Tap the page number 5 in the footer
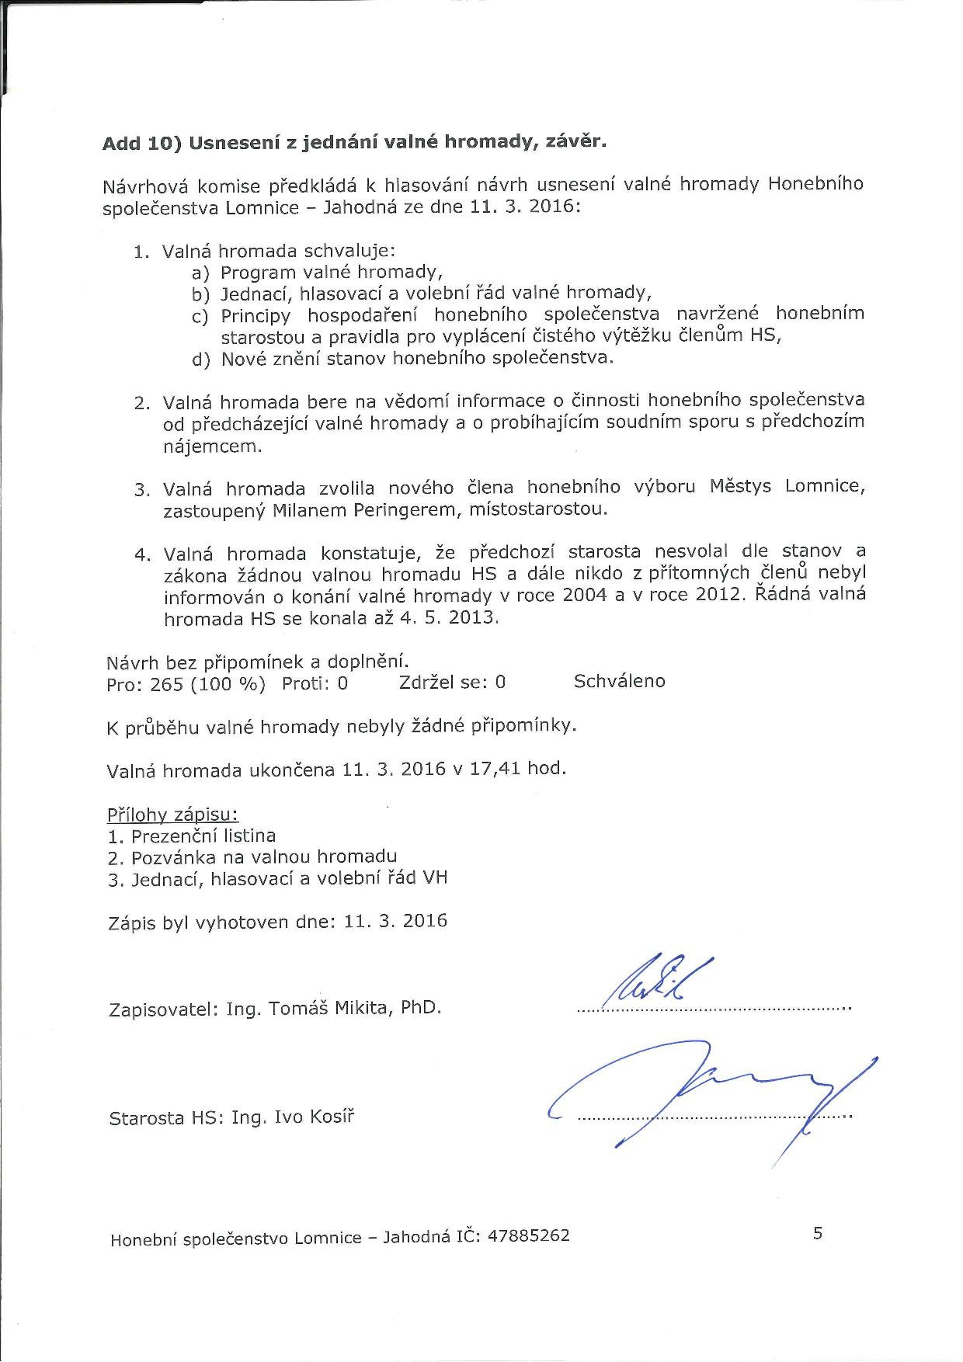(x=818, y=1233)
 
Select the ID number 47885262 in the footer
(x=528, y=1235)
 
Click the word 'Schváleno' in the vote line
(x=619, y=681)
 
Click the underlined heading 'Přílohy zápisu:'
(x=172, y=815)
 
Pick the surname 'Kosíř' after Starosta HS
(x=331, y=1118)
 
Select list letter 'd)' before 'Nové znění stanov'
(x=200, y=360)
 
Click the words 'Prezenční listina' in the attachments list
(x=203, y=836)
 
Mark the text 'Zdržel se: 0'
(x=452, y=683)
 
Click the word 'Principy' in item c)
(x=256, y=316)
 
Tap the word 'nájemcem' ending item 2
(x=212, y=446)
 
